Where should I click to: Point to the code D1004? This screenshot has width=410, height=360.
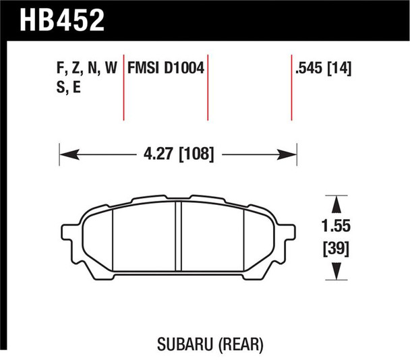click(185, 67)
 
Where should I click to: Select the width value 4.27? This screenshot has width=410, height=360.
click(156, 154)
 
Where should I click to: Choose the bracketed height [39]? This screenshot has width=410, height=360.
click(335, 250)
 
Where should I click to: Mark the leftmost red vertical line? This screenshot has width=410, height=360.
click(124, 88)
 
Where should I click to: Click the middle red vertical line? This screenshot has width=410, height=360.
click(207, 88)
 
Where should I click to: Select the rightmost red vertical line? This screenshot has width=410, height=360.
click(292, 88)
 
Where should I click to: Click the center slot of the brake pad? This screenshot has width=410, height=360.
click(179, 236)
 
